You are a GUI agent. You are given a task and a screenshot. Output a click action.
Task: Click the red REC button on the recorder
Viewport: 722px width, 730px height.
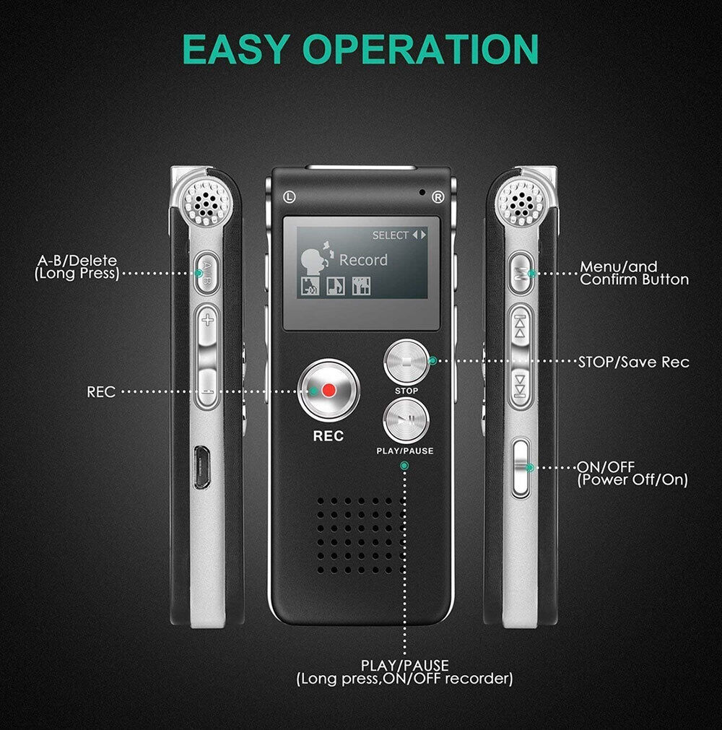pyautogui.click(x=329, y=391)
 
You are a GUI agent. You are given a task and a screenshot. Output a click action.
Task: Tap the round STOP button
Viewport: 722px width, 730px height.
pyautogui.click(x=406, y=362)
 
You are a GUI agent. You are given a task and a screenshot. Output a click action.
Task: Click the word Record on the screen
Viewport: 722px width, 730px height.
pyautogui.click(x=363, y=260)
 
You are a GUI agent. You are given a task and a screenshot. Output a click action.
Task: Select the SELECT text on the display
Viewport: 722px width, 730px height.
pyautogui.click(x=390, y=235)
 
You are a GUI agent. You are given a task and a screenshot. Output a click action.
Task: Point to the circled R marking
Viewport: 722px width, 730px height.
pyautogui.click(x=437, y=196)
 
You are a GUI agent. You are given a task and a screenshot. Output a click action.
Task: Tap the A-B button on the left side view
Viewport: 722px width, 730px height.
pyautogui.click(x=207, y=272)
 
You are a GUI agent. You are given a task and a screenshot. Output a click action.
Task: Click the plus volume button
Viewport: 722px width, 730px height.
pyautogui.click(x=207, y=320)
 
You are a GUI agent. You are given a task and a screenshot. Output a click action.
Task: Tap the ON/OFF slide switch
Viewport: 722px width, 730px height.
pyautogui.click(x=521, y=468)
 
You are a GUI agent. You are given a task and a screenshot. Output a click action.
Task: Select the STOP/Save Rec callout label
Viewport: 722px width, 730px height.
pyautogui.click(x=633, y=362)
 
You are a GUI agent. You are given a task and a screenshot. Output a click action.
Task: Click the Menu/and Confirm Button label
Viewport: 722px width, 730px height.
pyautogui.click(x=633, y=273)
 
